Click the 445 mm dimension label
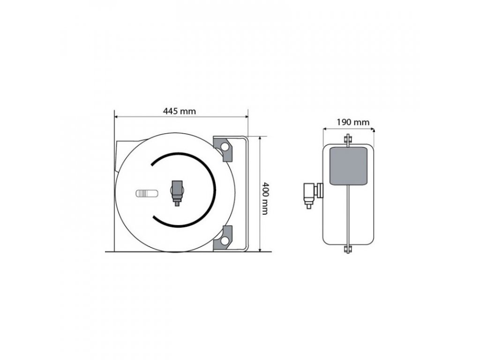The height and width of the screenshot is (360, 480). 179,111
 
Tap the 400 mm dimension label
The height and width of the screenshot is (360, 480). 265,198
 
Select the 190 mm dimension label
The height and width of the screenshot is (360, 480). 353,122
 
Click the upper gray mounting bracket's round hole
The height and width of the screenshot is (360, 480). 225,147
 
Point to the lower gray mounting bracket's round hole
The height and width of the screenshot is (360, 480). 225,241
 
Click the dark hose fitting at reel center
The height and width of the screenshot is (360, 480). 177,193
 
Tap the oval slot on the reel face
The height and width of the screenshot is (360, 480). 147,194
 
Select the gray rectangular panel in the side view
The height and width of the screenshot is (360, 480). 348,166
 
